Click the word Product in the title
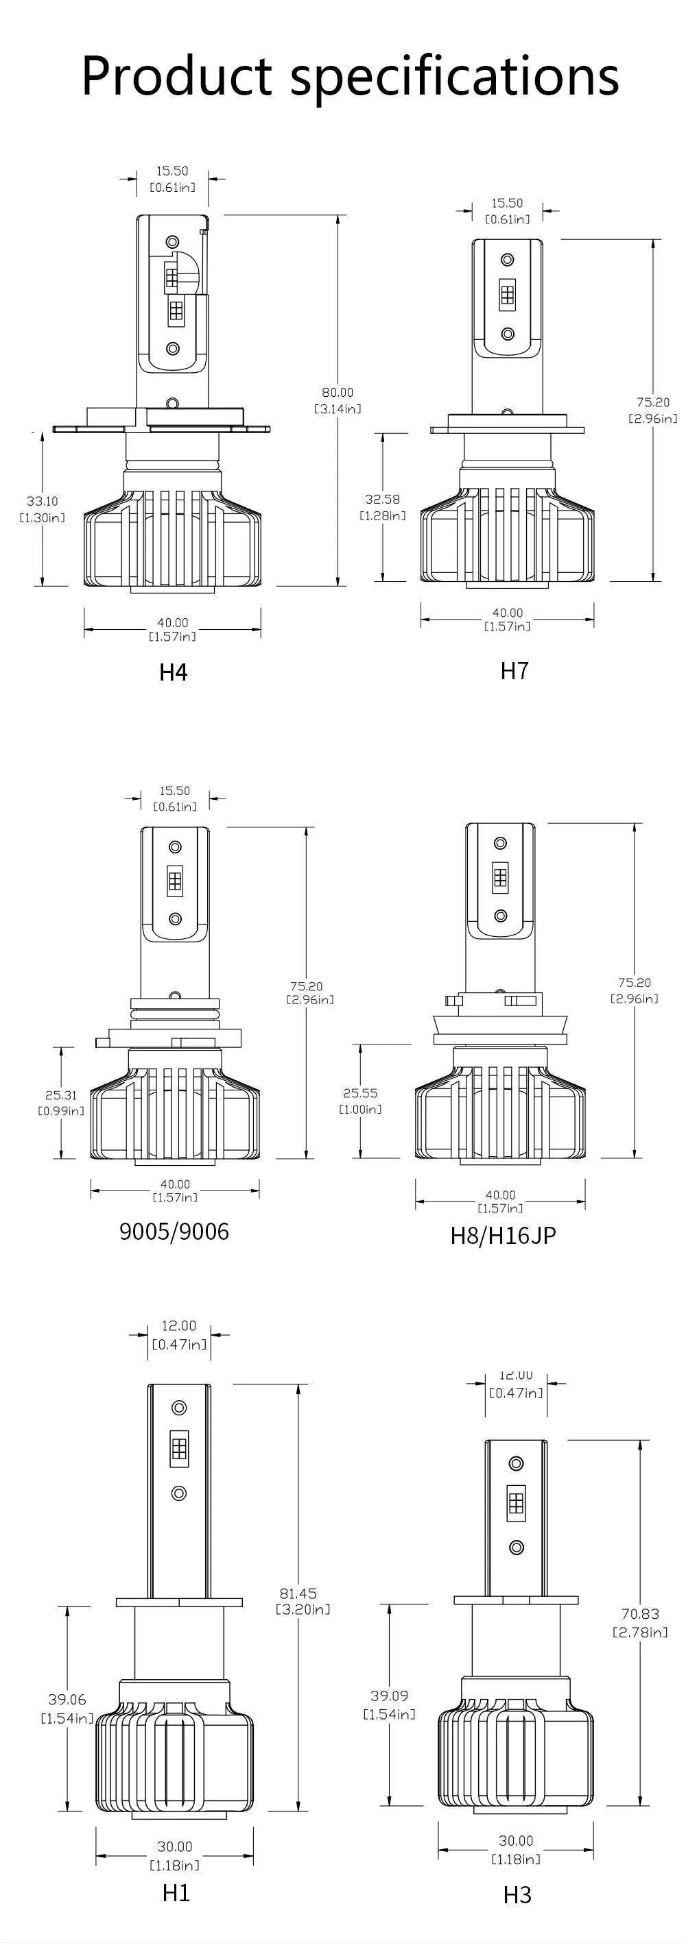[x=176, y=75]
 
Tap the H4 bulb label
[x=173, y=671]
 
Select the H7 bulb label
[x=514, y=670]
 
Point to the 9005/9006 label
[x=174, y=1232]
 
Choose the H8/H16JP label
[x=503, y=1236]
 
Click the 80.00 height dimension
[x=338, y=392]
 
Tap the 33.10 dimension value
[x=43, y=501]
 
